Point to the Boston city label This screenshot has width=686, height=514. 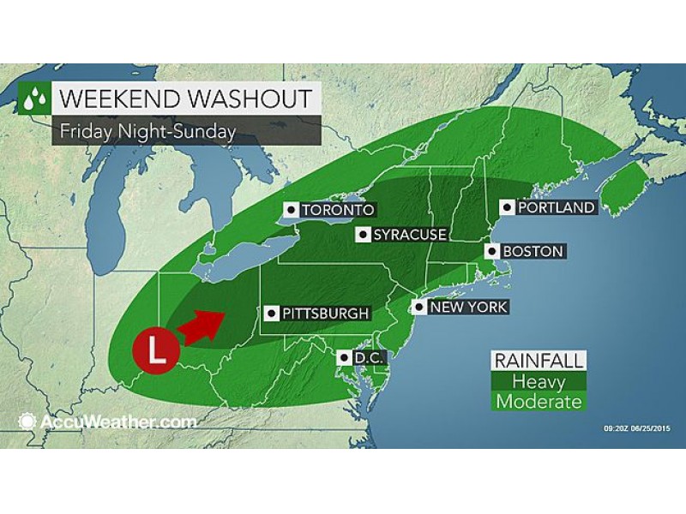533,252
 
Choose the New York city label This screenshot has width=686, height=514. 468,307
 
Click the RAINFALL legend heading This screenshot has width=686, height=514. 537,361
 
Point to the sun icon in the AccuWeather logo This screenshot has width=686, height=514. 26,421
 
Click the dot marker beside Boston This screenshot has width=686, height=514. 492,252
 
